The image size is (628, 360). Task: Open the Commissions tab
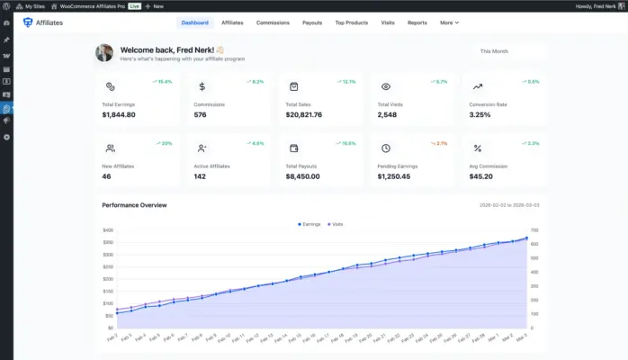coord(273,22)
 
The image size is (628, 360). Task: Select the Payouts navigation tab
coord(312,22)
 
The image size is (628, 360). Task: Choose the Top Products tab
coord(352,22)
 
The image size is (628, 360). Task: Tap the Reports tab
coord(417,22)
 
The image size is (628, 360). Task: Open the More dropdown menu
coord(449,22)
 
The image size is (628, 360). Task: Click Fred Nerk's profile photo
coord(104,53)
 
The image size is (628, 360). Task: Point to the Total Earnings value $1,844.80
coord(119,115)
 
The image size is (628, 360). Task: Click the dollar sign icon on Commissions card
coord(202,87)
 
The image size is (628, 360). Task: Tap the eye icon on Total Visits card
coord(385,87)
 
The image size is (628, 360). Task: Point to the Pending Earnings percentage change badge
coord(438,143)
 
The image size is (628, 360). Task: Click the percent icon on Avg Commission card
coord(477,148)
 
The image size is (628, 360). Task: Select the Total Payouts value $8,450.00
coord(303,176)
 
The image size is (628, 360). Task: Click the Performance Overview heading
coord(134,205)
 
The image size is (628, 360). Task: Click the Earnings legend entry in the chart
coord(309,223)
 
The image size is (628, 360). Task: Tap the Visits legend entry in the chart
coord(335,223)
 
